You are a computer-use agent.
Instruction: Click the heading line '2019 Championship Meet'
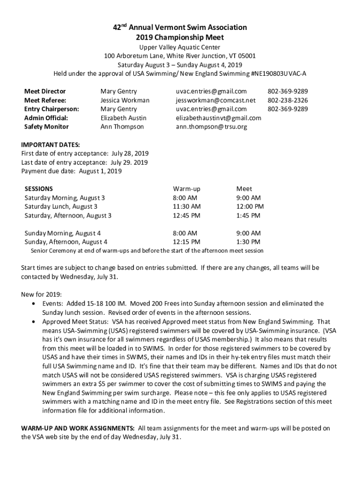(x=180, y=37)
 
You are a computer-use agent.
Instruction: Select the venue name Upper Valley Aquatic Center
(x=180, y=47)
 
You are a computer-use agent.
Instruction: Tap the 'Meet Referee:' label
(x=45, y=100)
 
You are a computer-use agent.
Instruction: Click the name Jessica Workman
(x=125, y=100)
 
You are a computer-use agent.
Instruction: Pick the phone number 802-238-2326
(x=287, y=100)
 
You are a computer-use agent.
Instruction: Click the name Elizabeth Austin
(x=123, y=118)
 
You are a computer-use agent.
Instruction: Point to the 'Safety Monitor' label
(x=46, y=127)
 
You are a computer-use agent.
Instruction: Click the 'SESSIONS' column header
(x=38, y=189)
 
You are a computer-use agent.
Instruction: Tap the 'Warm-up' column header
(x=186, y=189)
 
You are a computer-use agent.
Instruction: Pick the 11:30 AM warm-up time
(x=187, y=206)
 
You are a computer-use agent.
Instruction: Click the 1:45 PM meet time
(x=248, y=215)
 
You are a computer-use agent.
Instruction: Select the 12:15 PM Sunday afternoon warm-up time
(x=187, y=242)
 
